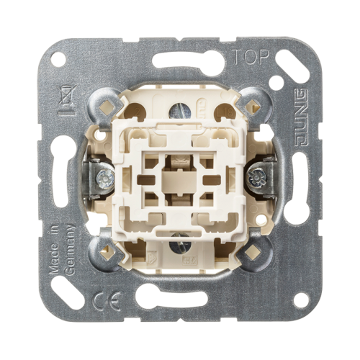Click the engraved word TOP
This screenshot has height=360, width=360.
251,57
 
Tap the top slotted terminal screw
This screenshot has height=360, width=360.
180,111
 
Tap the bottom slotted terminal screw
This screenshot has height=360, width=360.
180,247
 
